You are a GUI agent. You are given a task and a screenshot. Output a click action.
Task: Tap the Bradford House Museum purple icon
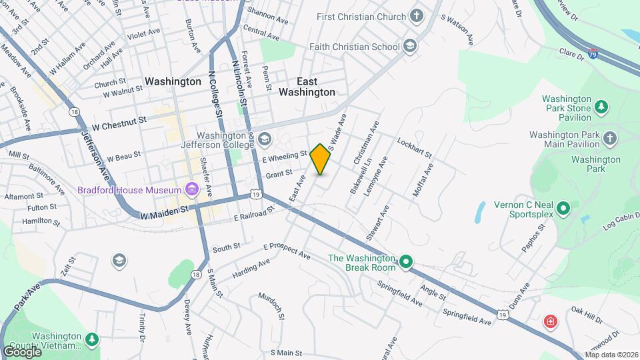point(192,190)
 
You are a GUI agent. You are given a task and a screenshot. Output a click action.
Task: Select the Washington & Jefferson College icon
point(265,139)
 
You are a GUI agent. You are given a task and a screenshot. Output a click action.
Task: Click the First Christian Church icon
point(417,17)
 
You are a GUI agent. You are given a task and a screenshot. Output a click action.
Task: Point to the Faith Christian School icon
point(410,47)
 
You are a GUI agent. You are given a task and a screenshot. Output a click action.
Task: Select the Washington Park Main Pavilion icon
point(610,139)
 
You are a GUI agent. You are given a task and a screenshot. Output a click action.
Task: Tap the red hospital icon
point(550,322)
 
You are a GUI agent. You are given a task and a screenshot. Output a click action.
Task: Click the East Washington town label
point(307,87)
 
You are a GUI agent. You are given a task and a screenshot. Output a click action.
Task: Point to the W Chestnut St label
point(119,124)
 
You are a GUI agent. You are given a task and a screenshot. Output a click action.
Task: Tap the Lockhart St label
point(415,148)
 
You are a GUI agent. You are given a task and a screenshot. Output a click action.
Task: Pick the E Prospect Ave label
point(287,251)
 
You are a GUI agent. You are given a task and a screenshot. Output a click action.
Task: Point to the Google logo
point(22,351)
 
